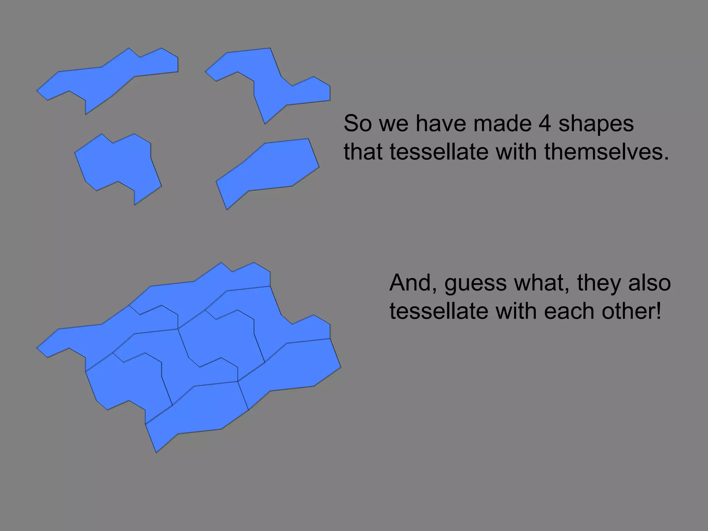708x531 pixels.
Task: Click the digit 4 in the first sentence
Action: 544,123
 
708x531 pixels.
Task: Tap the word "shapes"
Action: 596,124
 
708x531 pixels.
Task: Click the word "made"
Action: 502,123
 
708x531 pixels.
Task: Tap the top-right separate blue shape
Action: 273,83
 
